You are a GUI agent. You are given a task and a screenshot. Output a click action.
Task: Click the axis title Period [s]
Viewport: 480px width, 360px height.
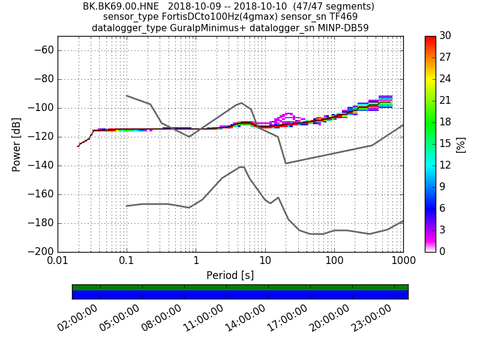tap(230, 275)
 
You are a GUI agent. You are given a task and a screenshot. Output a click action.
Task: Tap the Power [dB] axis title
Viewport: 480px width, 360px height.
tap(17, 144)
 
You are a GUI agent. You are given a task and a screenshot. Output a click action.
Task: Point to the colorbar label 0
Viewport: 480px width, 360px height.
tap(444, 251)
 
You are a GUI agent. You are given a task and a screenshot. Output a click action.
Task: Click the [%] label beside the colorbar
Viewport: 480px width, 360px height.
tap(461, 144)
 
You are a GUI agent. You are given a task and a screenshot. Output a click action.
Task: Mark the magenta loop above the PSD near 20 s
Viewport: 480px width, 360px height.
tap(289, 115)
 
